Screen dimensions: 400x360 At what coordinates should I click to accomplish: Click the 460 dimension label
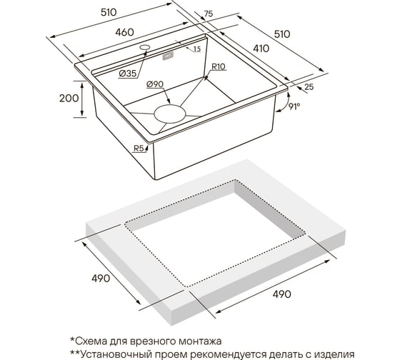[124, 32]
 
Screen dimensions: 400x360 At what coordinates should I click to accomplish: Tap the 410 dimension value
[261, 49]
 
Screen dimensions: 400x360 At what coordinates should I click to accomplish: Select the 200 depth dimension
[69, 99]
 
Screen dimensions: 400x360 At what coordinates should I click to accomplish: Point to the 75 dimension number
[208, 14]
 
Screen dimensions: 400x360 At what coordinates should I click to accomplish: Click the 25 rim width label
[309, 87]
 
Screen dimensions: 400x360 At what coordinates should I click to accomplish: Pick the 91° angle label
[294, 106]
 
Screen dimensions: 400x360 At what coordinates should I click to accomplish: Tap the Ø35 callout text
[128, 74]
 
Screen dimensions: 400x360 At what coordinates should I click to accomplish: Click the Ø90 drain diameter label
[155, 84]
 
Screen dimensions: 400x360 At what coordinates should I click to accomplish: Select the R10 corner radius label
[219, 67]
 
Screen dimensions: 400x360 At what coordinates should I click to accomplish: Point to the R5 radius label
[139, 149]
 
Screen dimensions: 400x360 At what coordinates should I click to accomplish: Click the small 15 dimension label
[197, 49]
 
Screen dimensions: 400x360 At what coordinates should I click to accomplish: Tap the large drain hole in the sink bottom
[170, 114]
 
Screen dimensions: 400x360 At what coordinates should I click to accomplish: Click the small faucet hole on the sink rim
[144, 47]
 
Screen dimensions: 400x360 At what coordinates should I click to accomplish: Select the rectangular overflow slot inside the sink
[168, 56]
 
